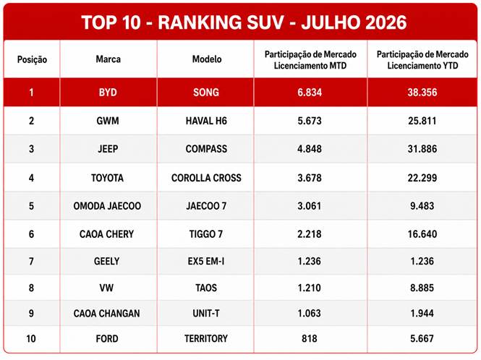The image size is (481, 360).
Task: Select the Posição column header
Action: [x=32, y=59]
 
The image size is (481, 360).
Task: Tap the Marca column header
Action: [x=108, y=59]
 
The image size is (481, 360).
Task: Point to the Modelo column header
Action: [x=207, y=59]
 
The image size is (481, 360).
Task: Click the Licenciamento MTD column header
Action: [x=310, y=60]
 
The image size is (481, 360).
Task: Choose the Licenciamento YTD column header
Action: [x=422, y=60]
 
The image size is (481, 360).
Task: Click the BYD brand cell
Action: [x=108, y=93]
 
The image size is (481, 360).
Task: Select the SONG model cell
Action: [x=206, y=93]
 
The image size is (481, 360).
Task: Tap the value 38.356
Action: [x=422, y=93]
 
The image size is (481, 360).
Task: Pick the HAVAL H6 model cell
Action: [x=206, y=121]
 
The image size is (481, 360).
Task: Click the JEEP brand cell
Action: [x=108, y=149]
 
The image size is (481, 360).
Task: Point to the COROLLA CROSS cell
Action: [x=206, y=178]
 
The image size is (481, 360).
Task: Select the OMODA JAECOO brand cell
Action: [x=107, y=206]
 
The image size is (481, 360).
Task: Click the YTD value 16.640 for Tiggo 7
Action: [x=422, y=234]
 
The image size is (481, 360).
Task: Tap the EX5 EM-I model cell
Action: [x=206, y=261]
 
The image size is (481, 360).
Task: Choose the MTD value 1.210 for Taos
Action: [x=310, y=288]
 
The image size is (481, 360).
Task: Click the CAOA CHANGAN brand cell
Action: [x=107, y=314]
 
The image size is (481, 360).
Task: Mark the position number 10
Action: [x=31, y=339]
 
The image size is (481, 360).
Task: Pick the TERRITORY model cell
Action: [x=206, y=338]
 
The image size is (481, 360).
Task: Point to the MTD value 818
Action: [x=310, y=338]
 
